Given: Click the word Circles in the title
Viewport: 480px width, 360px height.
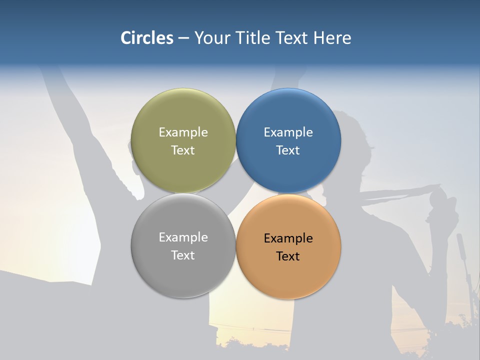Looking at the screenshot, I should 147,38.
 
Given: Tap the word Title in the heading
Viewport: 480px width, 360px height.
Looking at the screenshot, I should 255,38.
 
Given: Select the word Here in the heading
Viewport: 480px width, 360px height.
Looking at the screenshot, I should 332,38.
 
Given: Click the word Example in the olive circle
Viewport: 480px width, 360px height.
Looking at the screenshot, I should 183,132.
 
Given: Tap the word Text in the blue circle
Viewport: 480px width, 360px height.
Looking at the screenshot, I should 288,150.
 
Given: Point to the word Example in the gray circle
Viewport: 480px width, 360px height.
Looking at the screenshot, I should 183,237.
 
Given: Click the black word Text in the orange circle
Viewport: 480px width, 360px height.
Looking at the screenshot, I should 288,256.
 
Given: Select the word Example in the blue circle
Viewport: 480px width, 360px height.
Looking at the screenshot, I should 288,132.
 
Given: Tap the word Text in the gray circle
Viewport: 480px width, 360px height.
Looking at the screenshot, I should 183,255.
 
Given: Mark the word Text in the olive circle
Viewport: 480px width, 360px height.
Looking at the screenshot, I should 183,150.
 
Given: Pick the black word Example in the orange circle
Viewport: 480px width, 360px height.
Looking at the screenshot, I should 288,238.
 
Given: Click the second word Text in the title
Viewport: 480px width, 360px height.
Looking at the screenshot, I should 293,38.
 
